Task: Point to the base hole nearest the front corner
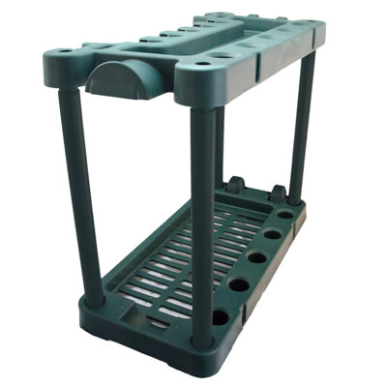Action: click(x=221, y=316)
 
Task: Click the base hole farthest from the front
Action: click(x=285, y=213)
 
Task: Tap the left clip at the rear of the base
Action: click(x=235, y=184)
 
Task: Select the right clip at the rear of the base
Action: click(x=278, y=193)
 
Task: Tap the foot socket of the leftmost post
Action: click(x=94, y=300)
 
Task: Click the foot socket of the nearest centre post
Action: click(x=201, y=340)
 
